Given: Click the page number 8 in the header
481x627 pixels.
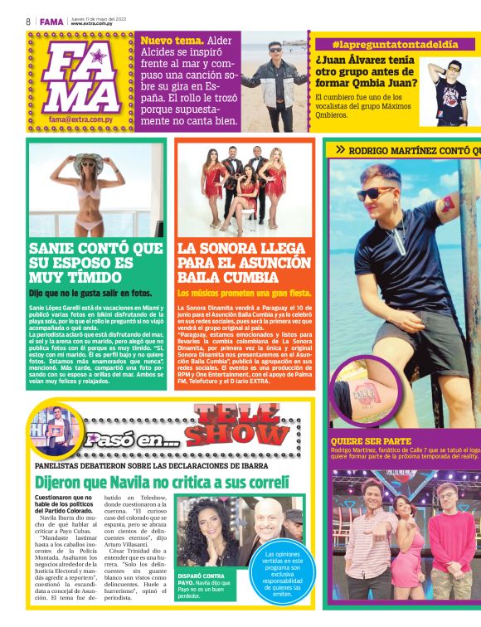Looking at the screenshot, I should (x=28, y=21).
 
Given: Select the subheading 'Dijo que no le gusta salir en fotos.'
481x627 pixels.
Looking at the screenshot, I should (x=90, y=293).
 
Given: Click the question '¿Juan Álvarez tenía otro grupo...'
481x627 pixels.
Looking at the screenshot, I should (x=366, y=70).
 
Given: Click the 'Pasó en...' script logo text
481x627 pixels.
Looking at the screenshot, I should (x=129, y=440).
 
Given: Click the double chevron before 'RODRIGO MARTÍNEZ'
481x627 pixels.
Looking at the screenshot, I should (x=340, y=149).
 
